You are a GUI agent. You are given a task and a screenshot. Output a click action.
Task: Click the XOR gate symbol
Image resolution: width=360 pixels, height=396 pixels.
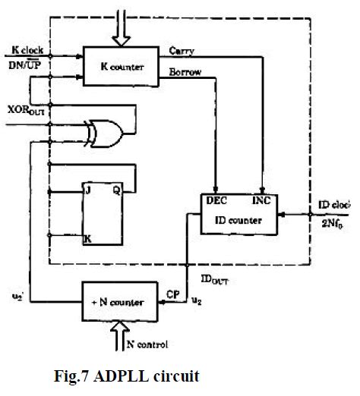pos(106,134)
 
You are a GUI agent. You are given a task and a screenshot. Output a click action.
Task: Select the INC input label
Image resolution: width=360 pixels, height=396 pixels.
pos(260,200)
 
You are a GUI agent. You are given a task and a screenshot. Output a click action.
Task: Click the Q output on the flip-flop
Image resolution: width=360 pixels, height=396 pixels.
pos(116,190)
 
